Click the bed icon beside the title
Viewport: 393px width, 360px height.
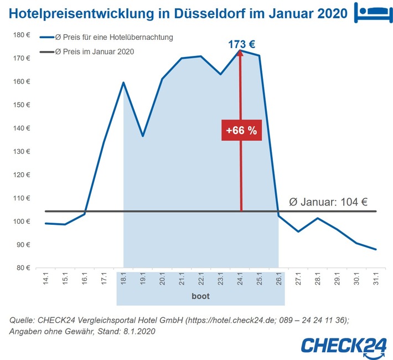[x=370, y=12]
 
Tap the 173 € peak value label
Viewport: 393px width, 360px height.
[x=241, y=43]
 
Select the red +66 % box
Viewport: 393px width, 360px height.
[x=241, y=131]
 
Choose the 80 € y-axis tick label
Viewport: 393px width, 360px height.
[x=23, y=268]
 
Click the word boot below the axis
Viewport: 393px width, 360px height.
[x=200, y=296]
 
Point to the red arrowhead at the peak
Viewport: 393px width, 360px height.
[x=241, y=54]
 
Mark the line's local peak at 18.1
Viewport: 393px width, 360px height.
[x=123, y=83]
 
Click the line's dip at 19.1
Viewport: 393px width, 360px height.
[x=143, y=136]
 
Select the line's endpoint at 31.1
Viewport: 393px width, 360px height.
[x=376, y=249]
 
